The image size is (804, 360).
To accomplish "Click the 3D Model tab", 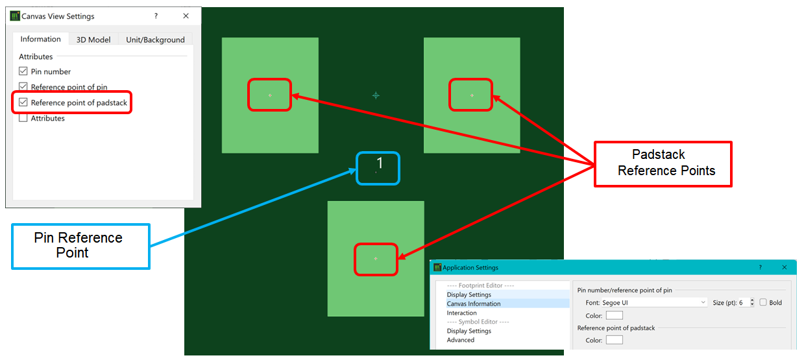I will coord(93,40).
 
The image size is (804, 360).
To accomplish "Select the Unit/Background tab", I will coord(155,40).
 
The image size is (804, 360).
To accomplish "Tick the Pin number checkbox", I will coord(23,71).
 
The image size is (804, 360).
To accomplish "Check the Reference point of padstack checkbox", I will coord(23,102).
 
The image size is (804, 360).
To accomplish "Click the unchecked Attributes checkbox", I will coord(23,118).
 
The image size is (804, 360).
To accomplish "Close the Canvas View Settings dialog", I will coord(186,16).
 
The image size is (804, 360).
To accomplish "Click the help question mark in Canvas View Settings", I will coord(156,16).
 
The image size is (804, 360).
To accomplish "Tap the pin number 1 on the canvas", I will coord(380,163).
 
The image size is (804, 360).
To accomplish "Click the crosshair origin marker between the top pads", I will coord(376,95).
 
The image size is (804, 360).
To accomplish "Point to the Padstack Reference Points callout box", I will coord(663,164).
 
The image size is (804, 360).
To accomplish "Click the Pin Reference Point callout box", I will coord(80,246).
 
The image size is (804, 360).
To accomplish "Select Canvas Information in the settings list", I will coord(474,304).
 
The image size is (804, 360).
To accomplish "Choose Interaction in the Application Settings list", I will coord(461,313).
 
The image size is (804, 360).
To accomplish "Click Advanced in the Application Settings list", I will coord(460,340).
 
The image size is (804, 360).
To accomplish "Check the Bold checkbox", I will coord(763,302).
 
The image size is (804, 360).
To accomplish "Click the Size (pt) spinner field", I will coord(743,302).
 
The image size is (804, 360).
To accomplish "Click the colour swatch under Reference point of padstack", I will coord(614,340).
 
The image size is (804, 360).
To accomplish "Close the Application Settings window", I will coord(785,267).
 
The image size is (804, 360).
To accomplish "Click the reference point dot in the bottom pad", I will coord(376,259).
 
